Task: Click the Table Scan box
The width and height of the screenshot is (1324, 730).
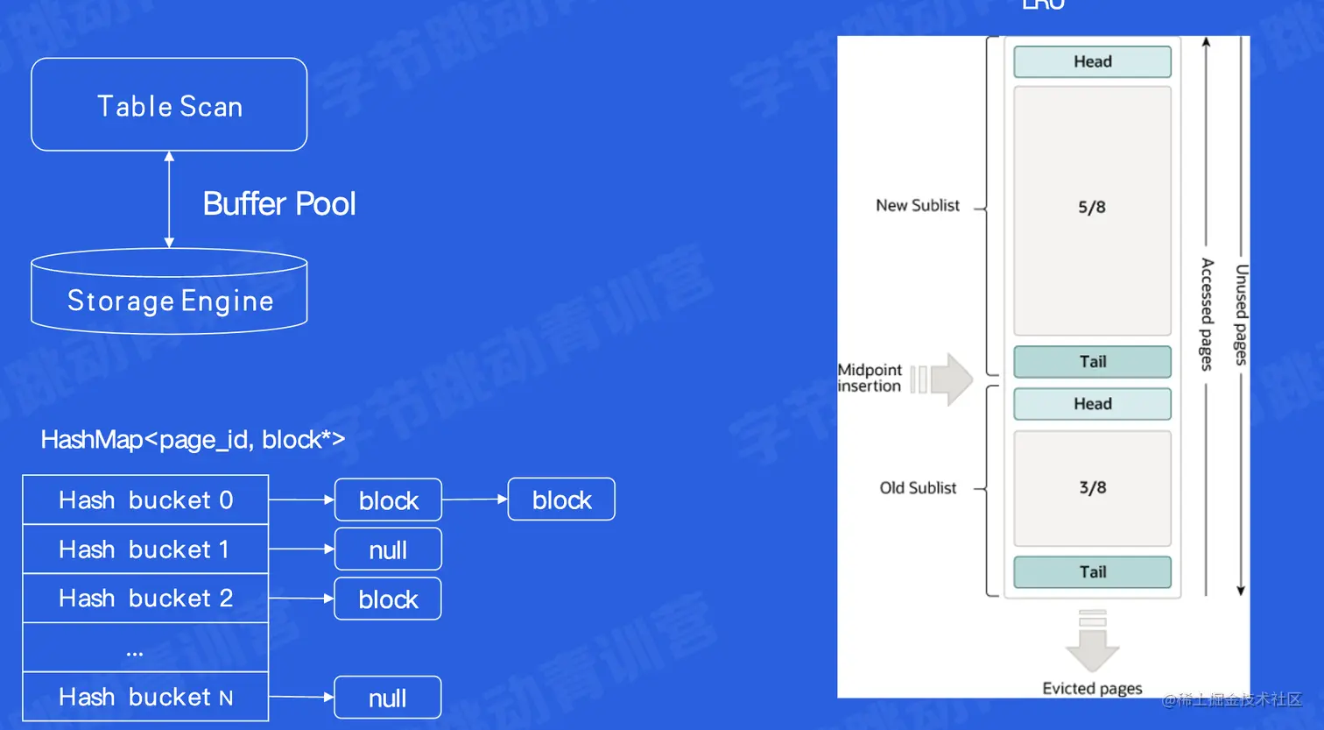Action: coord(169,105)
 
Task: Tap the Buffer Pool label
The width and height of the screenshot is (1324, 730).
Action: coord(279,203)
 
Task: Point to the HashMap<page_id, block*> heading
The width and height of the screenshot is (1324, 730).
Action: coord(193,439)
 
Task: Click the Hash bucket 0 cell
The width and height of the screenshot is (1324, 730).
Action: coord(145,500)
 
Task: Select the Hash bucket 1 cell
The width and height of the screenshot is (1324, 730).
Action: coord(145,549)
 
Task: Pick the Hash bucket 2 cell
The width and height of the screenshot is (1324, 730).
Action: coord(145,599)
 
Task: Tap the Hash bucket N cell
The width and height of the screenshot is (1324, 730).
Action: coord(145,697)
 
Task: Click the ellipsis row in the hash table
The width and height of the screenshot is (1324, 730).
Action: coord(145,648)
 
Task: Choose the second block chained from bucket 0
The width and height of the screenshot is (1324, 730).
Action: coord(561,500)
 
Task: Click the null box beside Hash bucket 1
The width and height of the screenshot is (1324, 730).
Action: coord(388,549)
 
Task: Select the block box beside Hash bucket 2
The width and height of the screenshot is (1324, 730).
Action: coord(388,599)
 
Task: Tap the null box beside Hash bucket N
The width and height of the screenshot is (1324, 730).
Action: coord(388,698)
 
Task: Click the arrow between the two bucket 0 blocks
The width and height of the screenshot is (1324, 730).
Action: coord(475,500)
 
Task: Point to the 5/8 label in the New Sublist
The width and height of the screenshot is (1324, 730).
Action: coord(1092,208)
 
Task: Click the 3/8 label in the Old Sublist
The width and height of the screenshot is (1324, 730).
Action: coord(1092,488)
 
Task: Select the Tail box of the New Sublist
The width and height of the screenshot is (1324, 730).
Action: coord(1092,362)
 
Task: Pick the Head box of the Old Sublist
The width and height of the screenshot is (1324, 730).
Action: coord(1092,404)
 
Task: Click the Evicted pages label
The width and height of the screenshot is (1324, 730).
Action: coord(1092,689)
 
